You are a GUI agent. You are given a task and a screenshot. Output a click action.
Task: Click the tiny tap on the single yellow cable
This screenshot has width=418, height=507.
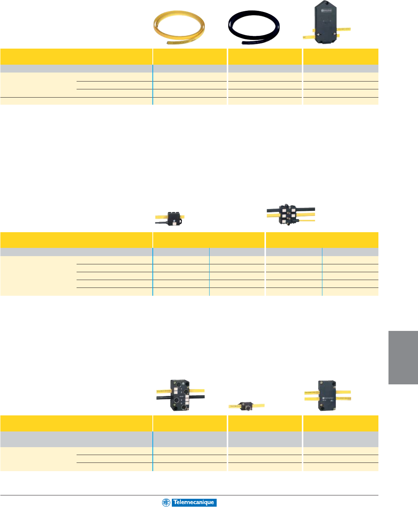pyautogui.click(x=247, y=406)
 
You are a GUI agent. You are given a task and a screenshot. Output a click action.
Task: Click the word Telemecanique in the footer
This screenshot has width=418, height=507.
pyautogui.click(x=193, y=503)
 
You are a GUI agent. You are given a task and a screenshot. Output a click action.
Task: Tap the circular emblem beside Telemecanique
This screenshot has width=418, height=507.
pyautogui.click(x=166, y=503)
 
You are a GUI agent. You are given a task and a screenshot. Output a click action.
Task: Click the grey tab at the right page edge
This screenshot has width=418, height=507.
pyautogui.click(x=403, y=357)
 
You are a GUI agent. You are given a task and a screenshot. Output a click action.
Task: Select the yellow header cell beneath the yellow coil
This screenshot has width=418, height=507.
pyautogui.click(x=190, y=56)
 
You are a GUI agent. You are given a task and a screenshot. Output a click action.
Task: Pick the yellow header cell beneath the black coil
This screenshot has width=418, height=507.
pyautogui.click(x=264, y=56)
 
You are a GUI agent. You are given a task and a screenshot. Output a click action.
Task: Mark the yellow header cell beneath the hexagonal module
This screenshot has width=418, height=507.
pyautogui.click(x=341, y=56)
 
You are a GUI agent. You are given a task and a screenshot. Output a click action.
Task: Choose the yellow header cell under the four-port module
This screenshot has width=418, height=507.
pyautogui.click(x=190, y=423)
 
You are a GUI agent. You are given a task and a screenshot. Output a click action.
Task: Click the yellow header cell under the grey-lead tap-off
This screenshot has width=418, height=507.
pyautogui.click(x=208, y=240)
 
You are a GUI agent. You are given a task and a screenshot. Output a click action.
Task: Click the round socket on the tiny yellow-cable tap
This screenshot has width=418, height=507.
pyautogui.click(x=247, y=405)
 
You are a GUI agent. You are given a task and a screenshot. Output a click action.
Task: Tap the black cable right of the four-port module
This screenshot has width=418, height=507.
pyautogui.click(x=198, y=397)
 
